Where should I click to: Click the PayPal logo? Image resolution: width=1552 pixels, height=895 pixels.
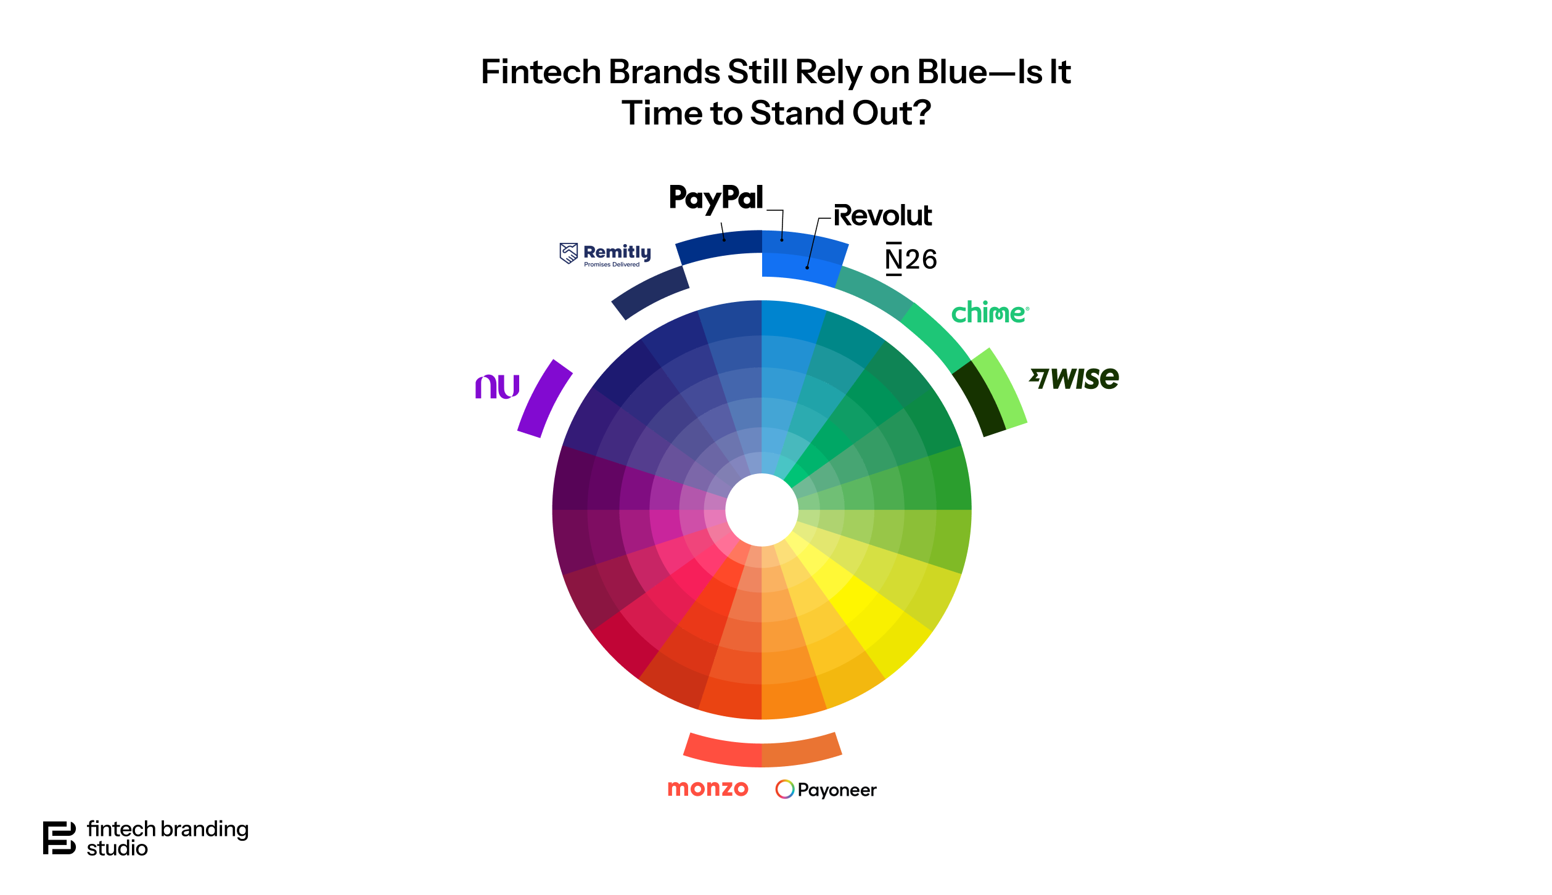[x=716, y=198]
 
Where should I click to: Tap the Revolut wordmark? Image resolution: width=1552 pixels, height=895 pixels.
[x=882, y=216]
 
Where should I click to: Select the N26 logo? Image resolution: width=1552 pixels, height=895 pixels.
[x=911, y=259]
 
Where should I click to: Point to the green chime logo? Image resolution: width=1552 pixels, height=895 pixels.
[x=989, y=313]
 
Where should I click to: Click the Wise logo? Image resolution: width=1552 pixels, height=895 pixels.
[x=1074, y=378]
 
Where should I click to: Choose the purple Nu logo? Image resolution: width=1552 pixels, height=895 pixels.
[x=497, y=386]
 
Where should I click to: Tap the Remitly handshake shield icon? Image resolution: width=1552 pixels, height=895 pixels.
[x=569, y=253]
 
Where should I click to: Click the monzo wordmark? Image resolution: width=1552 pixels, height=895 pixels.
[x=708, y=788]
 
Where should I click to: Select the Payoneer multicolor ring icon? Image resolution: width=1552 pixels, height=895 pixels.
[x=784, y=789]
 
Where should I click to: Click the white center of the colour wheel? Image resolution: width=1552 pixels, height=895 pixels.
[x=762, y=510]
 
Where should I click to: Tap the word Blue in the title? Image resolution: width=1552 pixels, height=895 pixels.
[x=952, y=72]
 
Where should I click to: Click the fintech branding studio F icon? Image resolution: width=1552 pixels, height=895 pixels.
[x=59, y=838]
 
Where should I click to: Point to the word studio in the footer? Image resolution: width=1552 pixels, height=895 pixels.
[x=117, y=849]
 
